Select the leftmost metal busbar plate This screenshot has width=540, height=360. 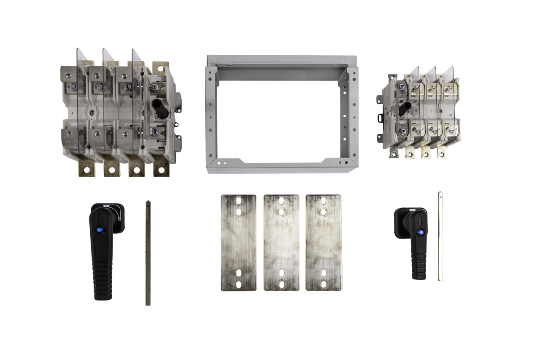pos(238,243)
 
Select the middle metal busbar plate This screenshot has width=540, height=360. pos(281,243)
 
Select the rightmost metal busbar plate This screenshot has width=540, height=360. pos(324,243)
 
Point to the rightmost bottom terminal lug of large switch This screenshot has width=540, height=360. pos(161,168)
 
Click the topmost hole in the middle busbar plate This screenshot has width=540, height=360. pos(281,200)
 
